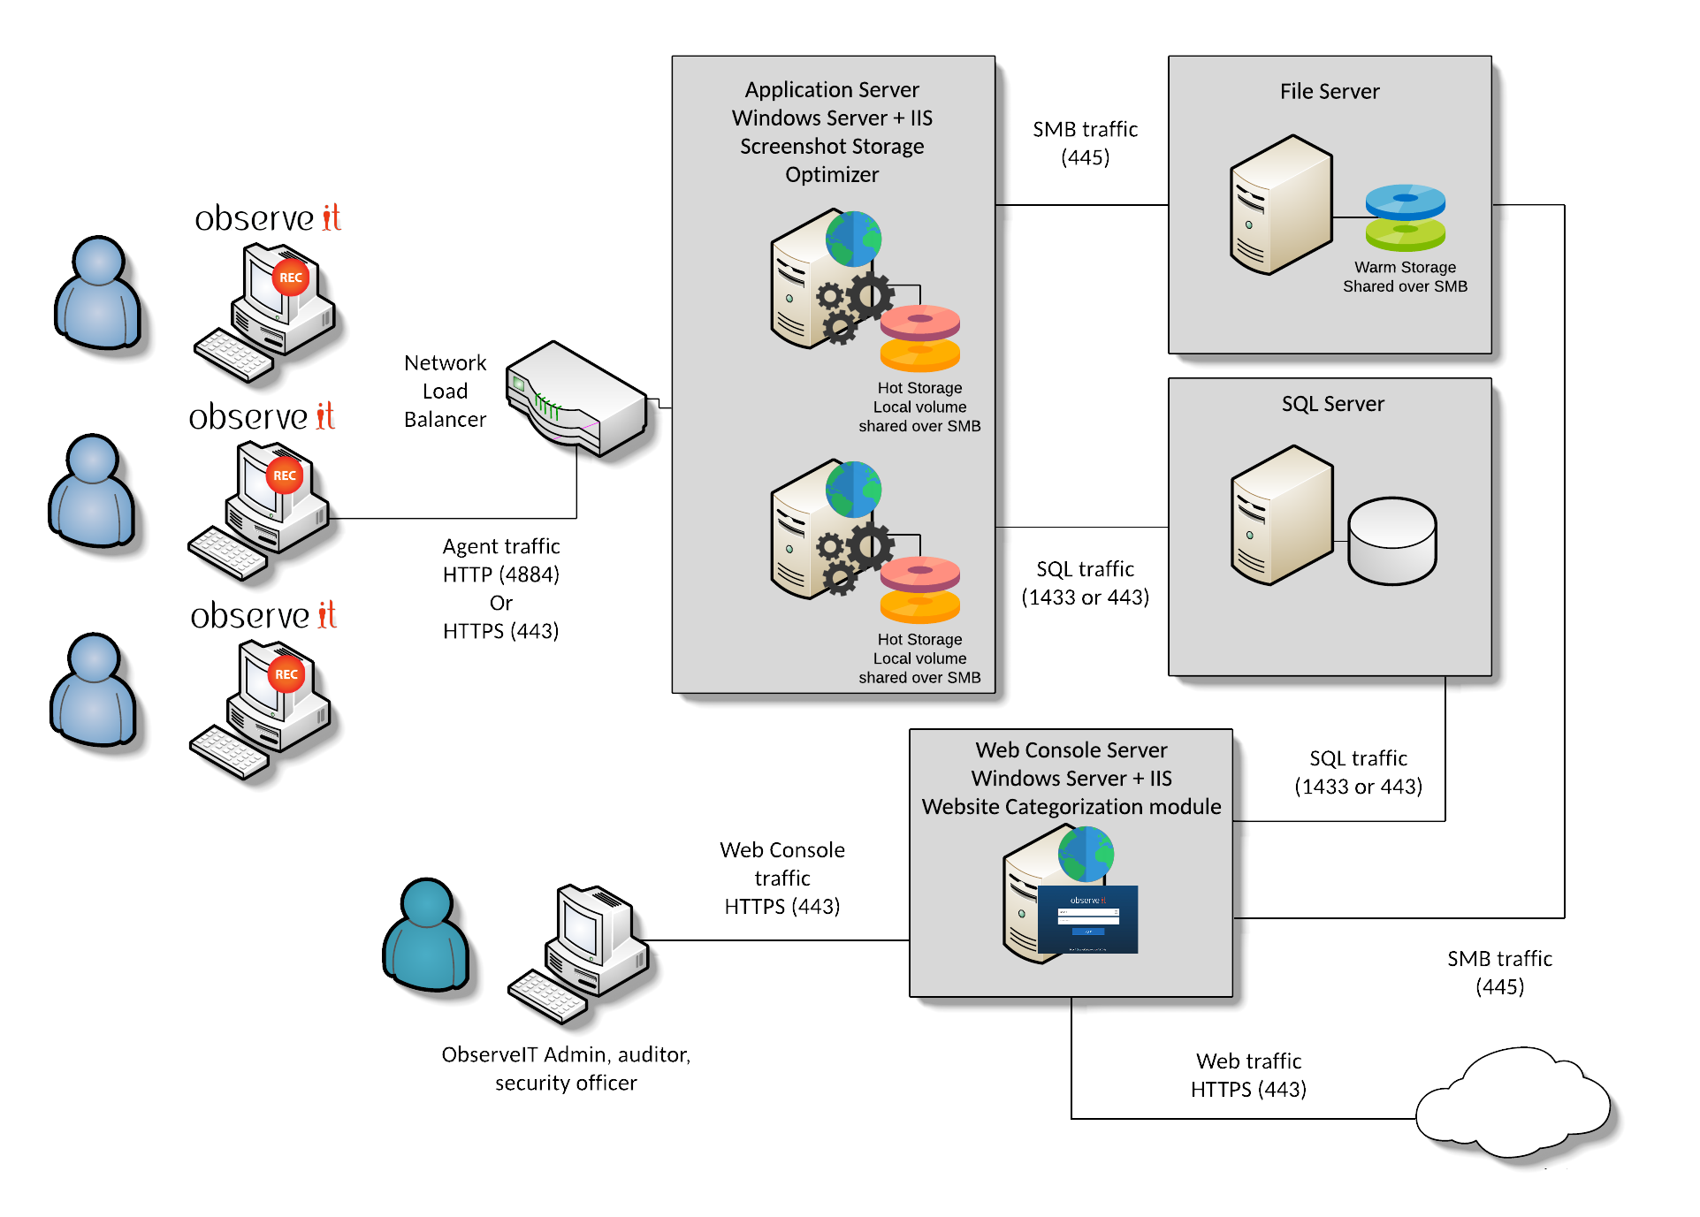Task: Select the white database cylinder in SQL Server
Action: tap(1391, 540)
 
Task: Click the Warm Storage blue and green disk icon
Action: tap(1405, 217)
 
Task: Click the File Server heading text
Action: tap(1329, 92)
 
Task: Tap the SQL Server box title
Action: tap(1332, 404)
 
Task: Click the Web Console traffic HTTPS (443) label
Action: tap(782, 878)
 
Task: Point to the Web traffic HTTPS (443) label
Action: tap(1248, 1075)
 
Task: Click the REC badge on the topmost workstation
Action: tap(290, 278)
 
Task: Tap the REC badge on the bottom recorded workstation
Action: tap(286, 674)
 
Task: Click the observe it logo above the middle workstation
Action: tap(263, 417)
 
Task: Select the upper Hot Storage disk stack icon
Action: tap(919, 338)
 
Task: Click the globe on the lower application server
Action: tap(853, 489)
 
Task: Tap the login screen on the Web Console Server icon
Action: tap(1087, 919)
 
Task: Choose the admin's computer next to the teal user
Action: tap(583, 950)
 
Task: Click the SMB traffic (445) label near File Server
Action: tap(1085, 143)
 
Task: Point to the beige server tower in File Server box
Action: tap(1280, 205)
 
